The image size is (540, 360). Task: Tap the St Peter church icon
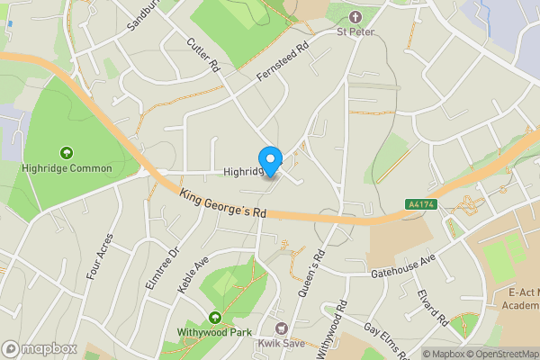355,17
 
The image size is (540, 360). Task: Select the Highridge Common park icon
67,153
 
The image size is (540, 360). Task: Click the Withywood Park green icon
215,318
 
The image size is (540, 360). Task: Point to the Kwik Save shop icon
282,329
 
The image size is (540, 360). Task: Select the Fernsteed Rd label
282,60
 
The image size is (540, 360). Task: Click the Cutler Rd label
202,55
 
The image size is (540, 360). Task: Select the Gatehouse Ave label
401,261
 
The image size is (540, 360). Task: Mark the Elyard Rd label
432,306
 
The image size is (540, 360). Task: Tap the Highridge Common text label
68,168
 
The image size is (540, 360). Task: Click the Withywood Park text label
215,332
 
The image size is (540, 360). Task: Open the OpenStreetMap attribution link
499,354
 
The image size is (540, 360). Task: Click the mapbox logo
40,348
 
